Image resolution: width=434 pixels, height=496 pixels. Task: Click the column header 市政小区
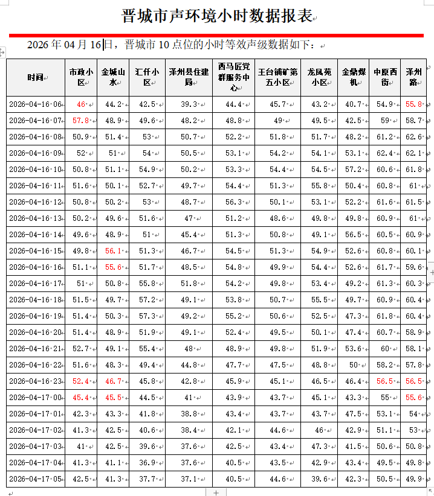(80, 77)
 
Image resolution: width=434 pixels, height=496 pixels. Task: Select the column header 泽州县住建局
(188, 77)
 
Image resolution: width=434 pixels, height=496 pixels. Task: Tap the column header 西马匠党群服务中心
(233, 77)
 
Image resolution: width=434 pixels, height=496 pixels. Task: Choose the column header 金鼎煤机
(353, 77)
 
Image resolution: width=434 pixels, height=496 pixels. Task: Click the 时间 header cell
(35, 77)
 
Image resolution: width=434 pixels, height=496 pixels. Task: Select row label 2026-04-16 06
(36, 104)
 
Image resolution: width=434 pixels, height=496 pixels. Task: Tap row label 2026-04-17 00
(36, 398)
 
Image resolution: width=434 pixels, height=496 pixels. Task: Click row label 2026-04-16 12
(36, 202)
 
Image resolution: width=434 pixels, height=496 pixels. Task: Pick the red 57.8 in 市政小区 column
(80, 121)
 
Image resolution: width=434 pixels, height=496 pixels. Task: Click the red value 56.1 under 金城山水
(114, 251)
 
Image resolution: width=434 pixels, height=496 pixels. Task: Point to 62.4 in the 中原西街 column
(384, 153)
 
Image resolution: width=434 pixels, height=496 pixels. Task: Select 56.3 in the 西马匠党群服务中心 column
(233, 202)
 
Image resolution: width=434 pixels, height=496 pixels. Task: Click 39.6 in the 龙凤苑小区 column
(319, 479)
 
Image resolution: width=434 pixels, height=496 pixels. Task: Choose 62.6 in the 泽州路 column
(414, 137)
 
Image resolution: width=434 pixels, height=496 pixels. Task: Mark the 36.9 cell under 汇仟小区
(147, 463)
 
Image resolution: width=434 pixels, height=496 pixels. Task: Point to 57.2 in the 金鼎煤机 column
(354, 170)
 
